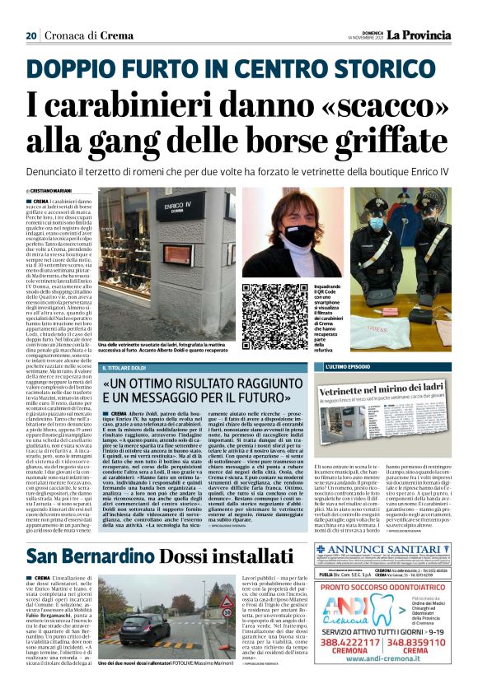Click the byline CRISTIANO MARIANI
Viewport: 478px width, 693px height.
59,192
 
